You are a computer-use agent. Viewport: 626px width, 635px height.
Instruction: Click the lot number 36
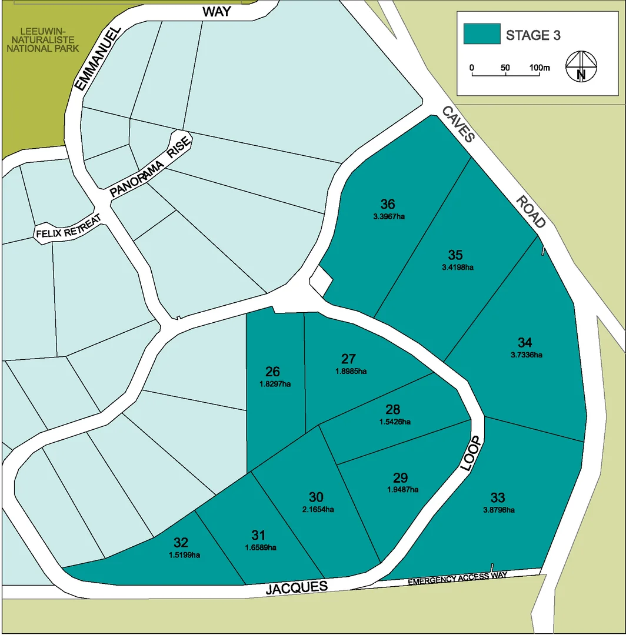coord(388,205)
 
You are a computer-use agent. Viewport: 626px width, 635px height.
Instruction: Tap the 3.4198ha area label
coord(458,267)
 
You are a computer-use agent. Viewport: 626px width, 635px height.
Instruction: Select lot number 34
coord(525,342)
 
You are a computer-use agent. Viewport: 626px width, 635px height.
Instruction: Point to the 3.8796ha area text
coord(499,510)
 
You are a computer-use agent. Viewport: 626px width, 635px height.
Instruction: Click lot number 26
coord(272,372)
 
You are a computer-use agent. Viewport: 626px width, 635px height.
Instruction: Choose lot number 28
coord(393,409)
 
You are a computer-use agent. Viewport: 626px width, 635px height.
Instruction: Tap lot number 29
coord(400,477)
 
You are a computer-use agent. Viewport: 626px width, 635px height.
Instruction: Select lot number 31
coord(258,535)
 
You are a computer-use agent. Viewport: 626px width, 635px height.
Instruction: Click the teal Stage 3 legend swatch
coord(481,34)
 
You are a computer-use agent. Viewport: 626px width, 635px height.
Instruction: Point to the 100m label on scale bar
coord(538,68)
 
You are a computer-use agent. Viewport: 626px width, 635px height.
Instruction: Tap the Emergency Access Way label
coord(457,578)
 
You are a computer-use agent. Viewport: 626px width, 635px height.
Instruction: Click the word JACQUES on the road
coord(297,587)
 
